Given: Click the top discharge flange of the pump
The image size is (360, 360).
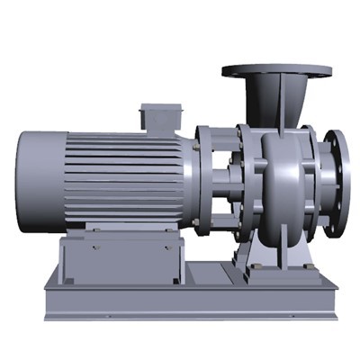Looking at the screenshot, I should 275,70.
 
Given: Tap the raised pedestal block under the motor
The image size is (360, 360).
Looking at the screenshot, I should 121,258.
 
